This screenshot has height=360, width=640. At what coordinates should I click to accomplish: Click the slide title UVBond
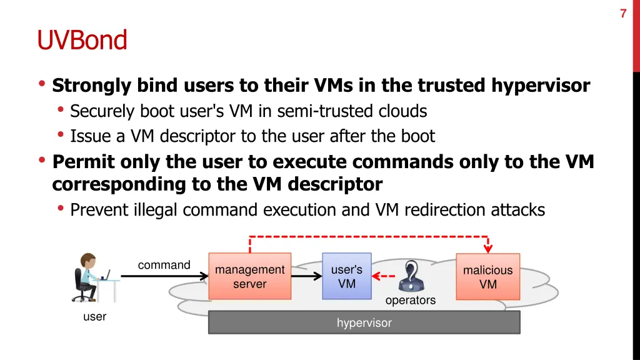coord(82,40)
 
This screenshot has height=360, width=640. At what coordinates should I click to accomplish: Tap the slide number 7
coord(623,14)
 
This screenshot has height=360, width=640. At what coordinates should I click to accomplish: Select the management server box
coord(249,276)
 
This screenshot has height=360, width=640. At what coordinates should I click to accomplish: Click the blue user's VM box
coord(346,276)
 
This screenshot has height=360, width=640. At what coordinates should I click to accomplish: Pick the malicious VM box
coord(487,276)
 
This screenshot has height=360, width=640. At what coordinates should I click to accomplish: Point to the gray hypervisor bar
coord(364,322)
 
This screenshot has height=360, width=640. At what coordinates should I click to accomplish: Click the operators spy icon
coord(411,276)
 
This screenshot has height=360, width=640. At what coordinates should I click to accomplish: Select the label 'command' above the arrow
coord(164,265)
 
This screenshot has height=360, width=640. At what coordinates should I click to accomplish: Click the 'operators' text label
coord(410,301)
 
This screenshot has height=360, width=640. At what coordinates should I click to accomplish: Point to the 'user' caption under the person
coord(94,317)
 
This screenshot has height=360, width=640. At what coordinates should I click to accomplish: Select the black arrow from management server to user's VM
coord(306,276)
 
